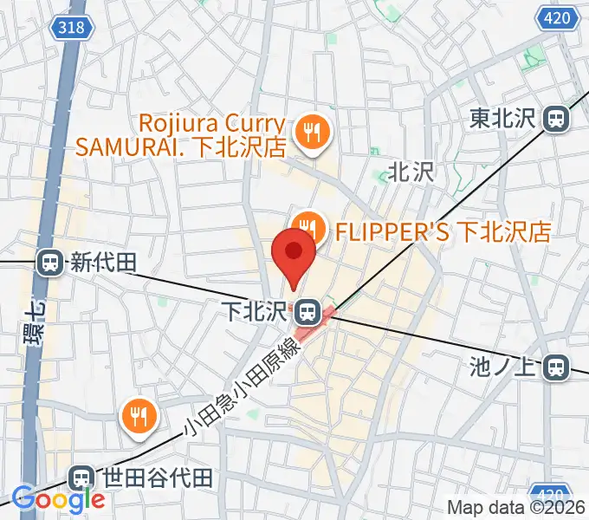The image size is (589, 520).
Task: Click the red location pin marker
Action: (294, 255)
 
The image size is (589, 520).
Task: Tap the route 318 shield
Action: (73, 28)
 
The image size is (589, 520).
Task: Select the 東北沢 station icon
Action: (557, 119)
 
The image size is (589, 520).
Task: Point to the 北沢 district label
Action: (410, 172)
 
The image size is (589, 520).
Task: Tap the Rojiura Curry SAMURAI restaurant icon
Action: (309, 133)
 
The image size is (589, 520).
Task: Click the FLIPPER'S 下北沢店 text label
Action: (442, 231)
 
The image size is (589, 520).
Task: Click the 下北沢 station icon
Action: (305, 309)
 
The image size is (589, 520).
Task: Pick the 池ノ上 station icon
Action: (557, 368)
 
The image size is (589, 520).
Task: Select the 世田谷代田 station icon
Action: (81, 478)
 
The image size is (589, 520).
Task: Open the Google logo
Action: (58, 499)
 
